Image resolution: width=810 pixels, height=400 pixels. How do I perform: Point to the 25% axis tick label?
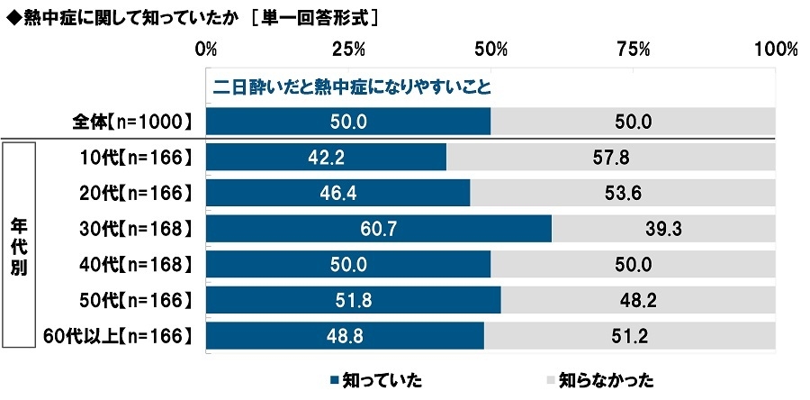(x=348, y=49)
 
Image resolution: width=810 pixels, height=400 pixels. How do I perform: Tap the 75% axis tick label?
(x=634, y=49)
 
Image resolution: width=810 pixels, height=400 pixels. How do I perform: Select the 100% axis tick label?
(x=775, y=49)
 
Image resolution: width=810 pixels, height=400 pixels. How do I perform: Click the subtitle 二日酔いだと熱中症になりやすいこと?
(x=351, y=88)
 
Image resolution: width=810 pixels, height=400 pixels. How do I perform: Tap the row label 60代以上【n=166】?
(x=119, y=335)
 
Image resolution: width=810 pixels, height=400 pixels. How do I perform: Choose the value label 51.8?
(x=353, y=300)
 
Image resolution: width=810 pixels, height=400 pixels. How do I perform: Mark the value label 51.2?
(x=630, y=335)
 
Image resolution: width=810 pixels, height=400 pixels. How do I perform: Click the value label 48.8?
(x=345, y=335)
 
